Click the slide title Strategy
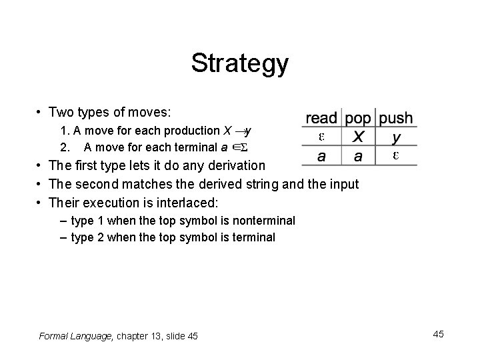tap(239, 64)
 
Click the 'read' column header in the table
tap(321, 119)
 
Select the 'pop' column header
tap(358, 119)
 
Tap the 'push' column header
tap(396, 119)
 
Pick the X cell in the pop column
tap(358, 137)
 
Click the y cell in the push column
tap(396, 138)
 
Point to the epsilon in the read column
tap(321, 137)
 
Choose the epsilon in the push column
tap(396, 156)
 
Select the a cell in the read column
tap(321, 157)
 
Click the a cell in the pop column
tap(358, 157)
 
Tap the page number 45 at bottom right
tap(437, 334)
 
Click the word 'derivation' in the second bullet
tap(235, 165)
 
